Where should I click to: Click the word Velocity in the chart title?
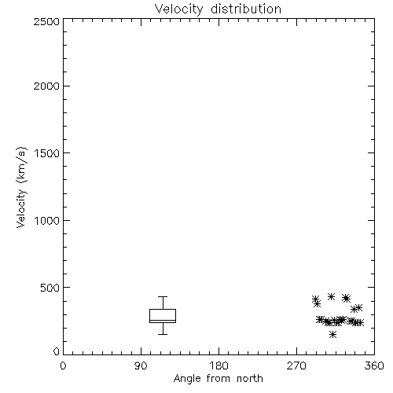point(178,9)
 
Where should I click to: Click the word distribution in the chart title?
point(246,9)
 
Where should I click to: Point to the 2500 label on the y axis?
point(46,21)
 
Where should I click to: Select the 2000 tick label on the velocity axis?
point(46,86)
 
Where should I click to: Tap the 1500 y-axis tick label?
point(47,153)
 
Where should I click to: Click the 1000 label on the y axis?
point(47,221)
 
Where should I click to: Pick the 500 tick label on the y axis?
point(50,288)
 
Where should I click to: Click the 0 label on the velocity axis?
point(57,351)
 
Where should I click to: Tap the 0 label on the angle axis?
point(63,365)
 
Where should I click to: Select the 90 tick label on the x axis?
point(141,365)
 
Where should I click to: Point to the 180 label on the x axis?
point(219,365)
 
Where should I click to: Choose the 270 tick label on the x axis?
point(296,365)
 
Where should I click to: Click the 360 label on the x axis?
point(374,365)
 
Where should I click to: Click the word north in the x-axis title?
point(250,379)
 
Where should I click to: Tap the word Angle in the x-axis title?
point(187,380)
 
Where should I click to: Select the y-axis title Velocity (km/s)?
point(21,187)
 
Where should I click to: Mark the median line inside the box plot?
point(163,320)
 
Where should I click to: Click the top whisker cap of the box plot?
point(163,296)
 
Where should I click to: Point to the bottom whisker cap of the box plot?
point(163,334)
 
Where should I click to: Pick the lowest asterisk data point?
point(332,334)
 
